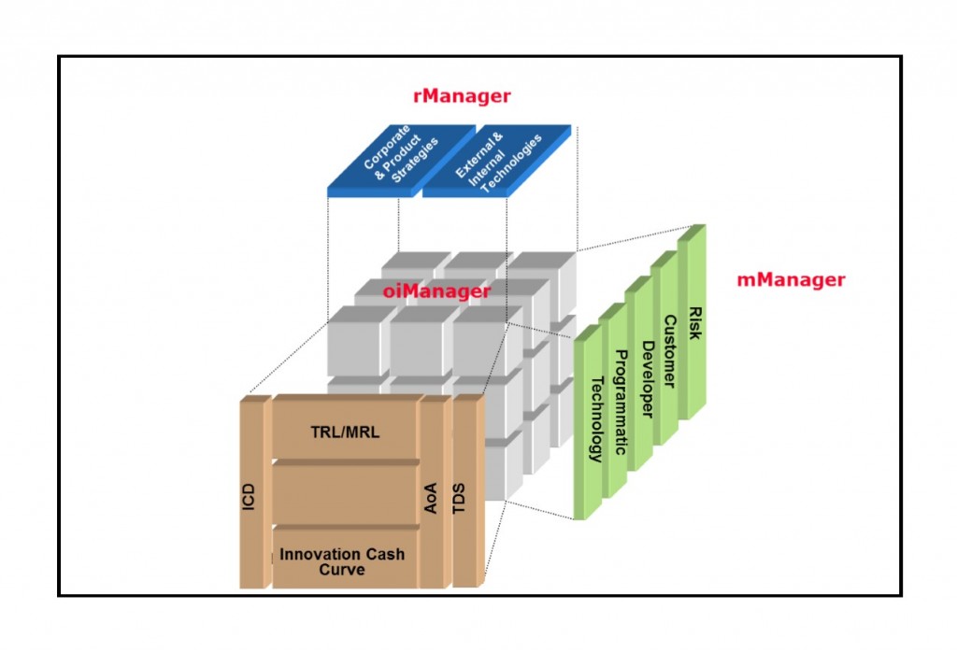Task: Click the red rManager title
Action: [462, 96]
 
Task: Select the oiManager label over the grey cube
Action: [436, 291]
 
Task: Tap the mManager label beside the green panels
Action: [791, 279]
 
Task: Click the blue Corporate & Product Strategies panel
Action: [401, 161]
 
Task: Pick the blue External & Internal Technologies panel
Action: [497, 161]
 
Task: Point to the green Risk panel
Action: [693, 321]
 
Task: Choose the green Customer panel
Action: [665, 347]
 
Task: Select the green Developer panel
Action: [639, 374]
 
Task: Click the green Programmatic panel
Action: [613, 400]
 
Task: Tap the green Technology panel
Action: [589, 422]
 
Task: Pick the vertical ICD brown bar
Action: [255, 492]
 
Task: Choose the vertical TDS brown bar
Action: [468, 491]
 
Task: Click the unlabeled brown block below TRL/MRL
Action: [346, 491]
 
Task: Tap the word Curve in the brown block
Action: [342, 570]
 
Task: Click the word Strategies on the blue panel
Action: [415, 161]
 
